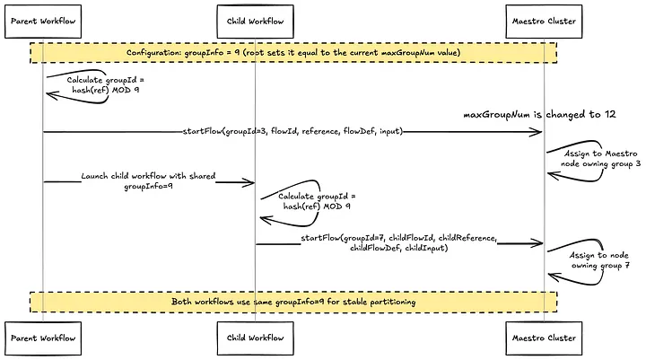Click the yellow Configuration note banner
(293, 53)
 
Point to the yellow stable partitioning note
(293, 302)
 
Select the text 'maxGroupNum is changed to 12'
(527, 115)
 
